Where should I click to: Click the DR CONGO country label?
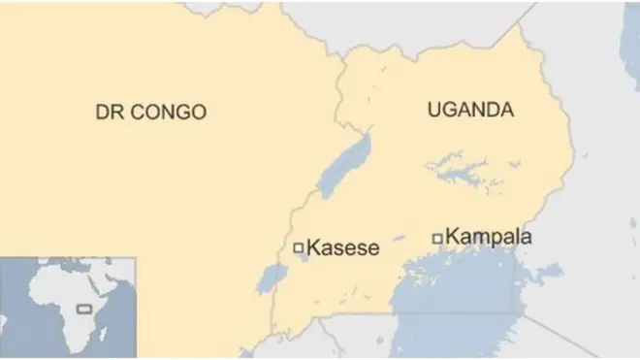[150, 113]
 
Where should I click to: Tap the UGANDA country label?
[469, 111]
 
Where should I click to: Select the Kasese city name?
[342, 249]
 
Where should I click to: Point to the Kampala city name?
[489, 237]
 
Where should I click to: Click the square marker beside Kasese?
[298, 248]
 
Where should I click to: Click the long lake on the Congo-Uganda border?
[347, 164]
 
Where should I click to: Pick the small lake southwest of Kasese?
[272, 279]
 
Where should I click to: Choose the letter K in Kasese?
[312, 249]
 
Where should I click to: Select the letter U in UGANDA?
[433, 111]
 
